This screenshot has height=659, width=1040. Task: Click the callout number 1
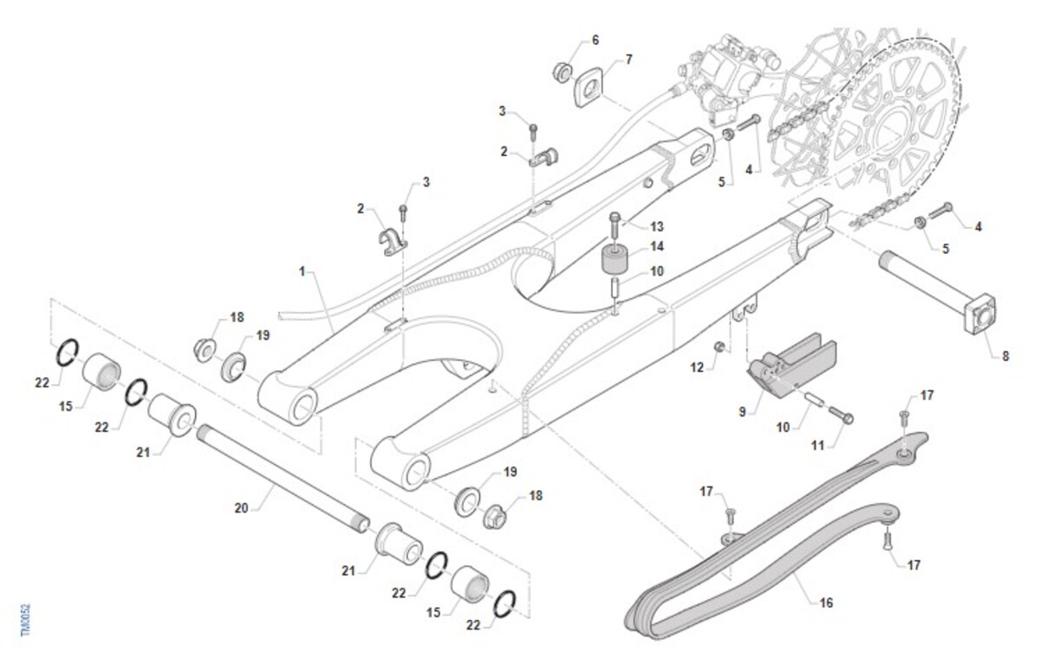tap(302, 271)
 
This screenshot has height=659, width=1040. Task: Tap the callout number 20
tap(241, 508)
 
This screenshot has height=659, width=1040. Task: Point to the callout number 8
tap(1005, 356)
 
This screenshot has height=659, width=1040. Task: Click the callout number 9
tap(742, 412)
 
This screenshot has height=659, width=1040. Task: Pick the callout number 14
tap(657, 247)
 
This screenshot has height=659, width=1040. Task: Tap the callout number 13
tap(657, 226)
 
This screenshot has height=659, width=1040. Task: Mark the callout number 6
tap(595, 40)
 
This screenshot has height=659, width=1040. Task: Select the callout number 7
tap(629, 59)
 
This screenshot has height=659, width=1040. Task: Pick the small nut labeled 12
tap(718, 348)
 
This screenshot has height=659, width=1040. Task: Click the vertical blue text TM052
tap(25, 621)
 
